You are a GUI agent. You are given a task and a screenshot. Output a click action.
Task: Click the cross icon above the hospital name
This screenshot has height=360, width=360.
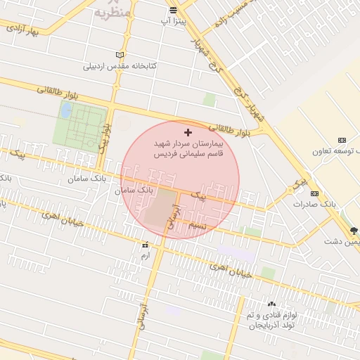point(188,132)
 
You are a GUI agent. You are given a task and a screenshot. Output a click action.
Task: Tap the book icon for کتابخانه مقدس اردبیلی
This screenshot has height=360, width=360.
point(120,55)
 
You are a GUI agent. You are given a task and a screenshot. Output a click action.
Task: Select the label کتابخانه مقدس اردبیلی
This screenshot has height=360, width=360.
point(120,66)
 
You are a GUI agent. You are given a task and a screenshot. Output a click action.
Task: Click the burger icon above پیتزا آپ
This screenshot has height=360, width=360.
point(173,10)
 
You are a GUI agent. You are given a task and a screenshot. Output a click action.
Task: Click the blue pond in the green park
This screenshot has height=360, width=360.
point(66,110)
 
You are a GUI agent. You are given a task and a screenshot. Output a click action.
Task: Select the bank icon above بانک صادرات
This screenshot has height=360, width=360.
point(314,193)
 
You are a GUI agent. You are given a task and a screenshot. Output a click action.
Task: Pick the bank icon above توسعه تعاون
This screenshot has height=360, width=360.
point(342,140)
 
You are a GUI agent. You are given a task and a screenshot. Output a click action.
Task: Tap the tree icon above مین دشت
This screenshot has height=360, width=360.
point(353,230)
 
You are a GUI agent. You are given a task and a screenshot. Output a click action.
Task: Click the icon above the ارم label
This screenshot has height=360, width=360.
point(146,245)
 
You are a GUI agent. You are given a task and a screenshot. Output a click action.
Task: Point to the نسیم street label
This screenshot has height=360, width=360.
point(198,225)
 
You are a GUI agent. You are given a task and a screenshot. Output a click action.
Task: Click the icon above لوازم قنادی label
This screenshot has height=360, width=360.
point(271,304)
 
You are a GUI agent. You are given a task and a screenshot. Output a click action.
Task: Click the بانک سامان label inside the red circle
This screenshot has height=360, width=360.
point(136,190)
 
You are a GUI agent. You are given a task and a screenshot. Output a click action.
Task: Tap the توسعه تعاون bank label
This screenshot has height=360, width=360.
point(340,150)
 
